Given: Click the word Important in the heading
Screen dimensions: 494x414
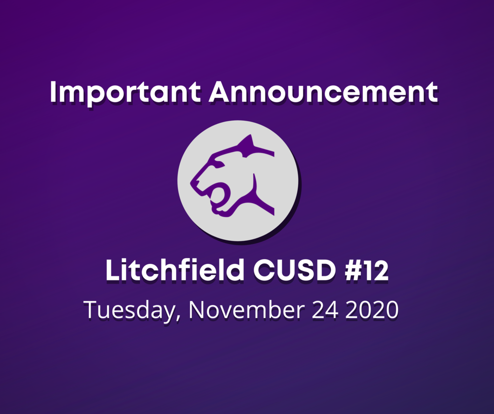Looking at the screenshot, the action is (125, 93).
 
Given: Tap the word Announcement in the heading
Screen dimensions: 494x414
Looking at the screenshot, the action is (323, 92).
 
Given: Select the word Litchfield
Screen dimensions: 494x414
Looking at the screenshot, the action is (175, 270).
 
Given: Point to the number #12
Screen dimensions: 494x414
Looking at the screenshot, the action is (367, 270).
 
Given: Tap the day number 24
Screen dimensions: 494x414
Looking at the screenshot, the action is (325, 310).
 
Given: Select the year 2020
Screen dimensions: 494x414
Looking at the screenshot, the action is (372, 310).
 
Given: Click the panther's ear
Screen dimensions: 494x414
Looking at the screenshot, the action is (247, 143).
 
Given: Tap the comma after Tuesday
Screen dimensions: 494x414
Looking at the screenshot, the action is (178, 317).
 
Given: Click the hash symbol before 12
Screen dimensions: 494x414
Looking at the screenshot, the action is (353, 270).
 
